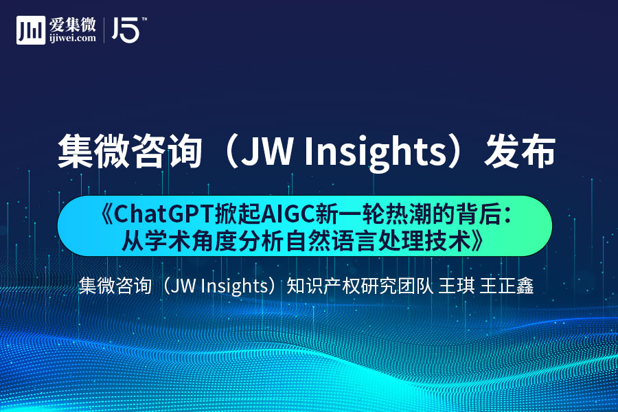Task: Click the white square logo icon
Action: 31,30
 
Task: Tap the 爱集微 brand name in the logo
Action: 73,25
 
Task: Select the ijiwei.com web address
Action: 73,38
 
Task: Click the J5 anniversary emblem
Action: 126,30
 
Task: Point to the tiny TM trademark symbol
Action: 144,19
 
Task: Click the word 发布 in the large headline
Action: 520,151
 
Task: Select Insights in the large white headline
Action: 375,152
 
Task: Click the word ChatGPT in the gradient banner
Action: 163,215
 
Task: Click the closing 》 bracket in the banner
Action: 478,240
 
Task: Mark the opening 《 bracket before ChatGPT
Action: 106,215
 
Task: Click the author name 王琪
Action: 457,286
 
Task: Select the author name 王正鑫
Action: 507,286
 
